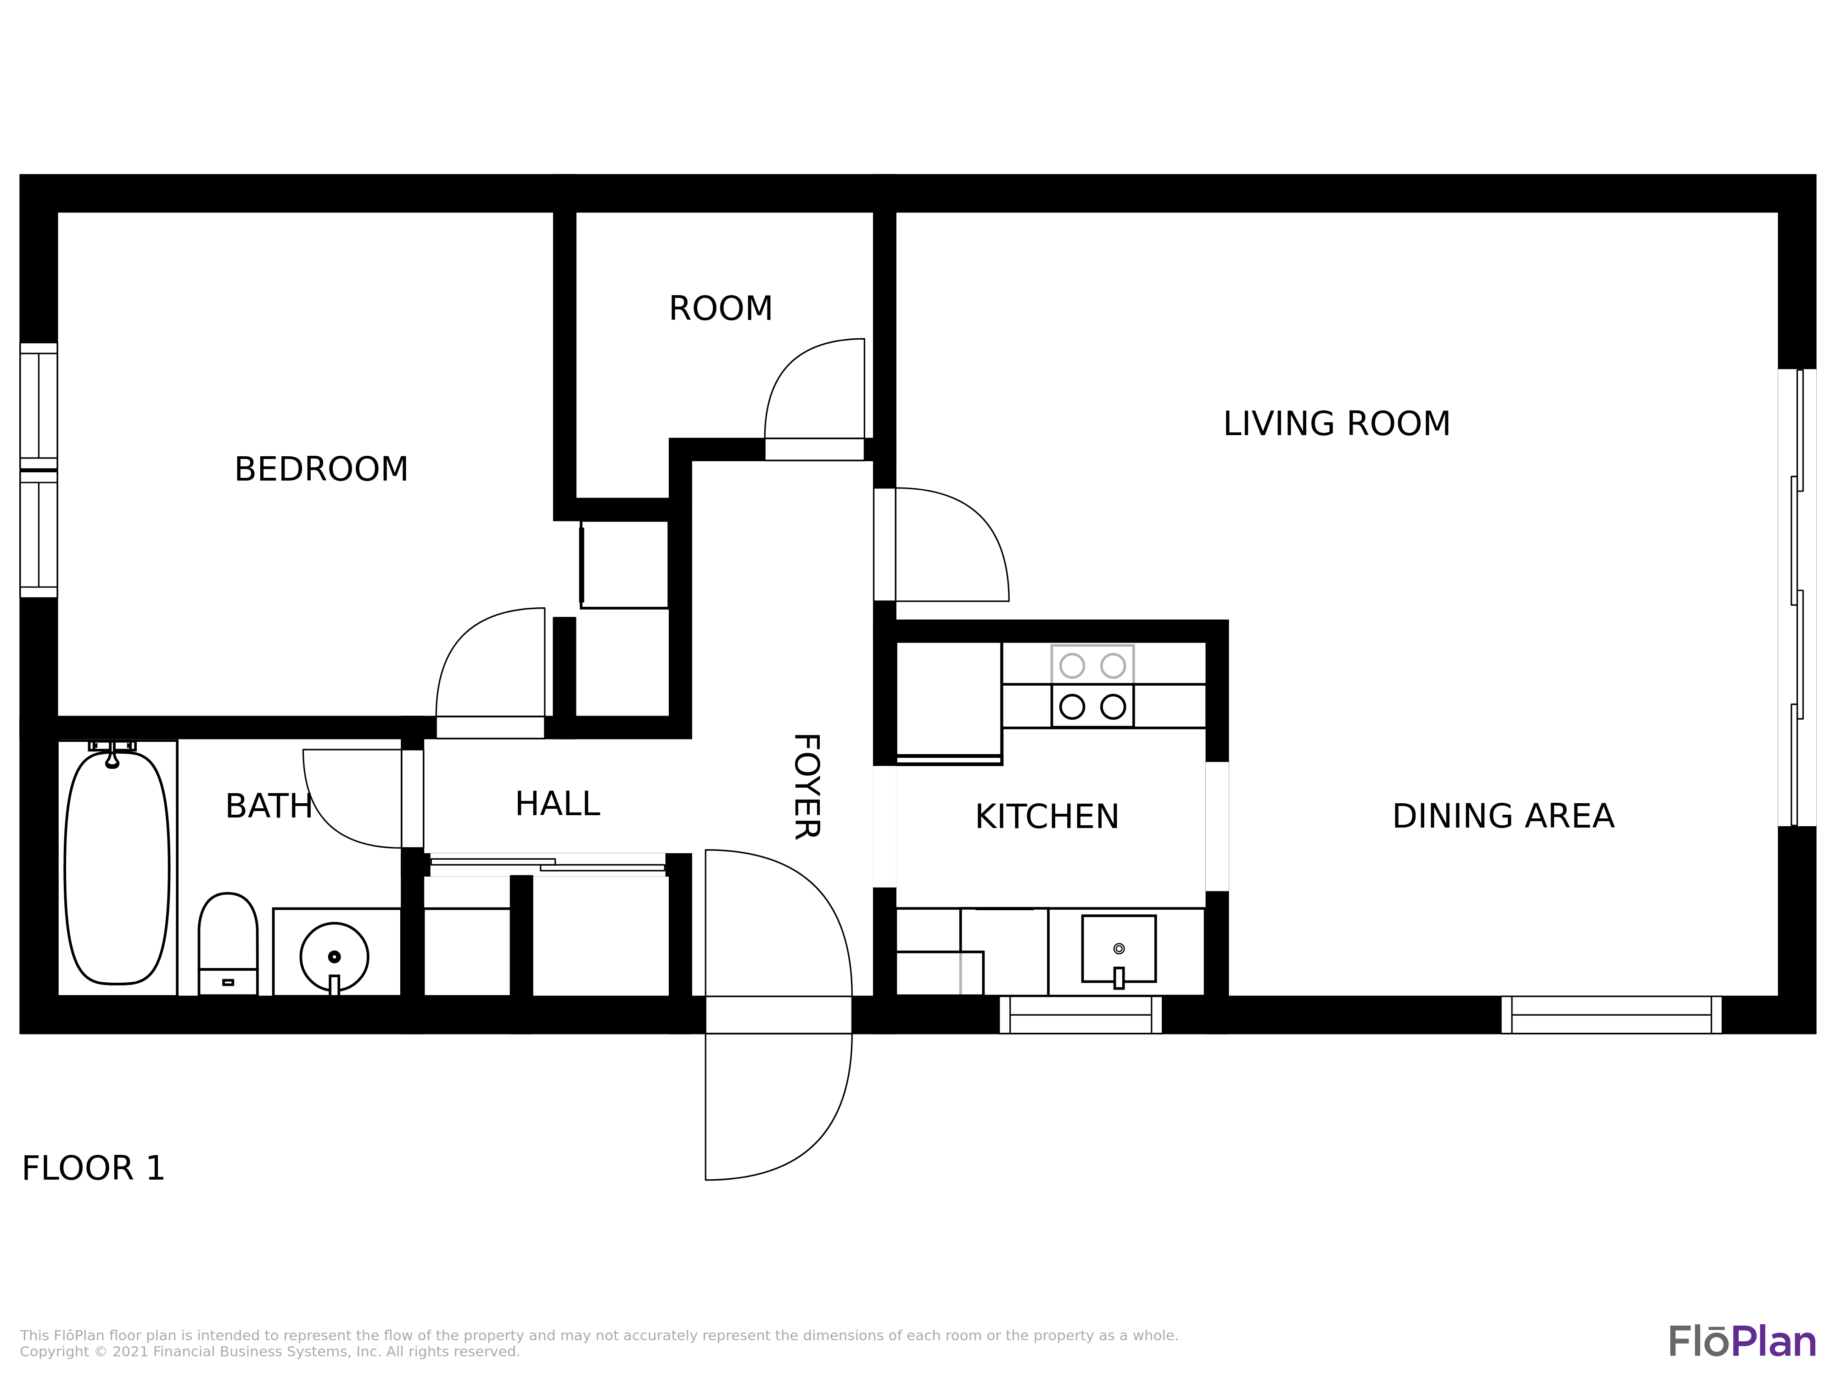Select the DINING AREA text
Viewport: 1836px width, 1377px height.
click(1503, 816)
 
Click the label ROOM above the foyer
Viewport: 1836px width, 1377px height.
click(721, 309)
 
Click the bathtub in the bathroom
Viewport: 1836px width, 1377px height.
click(117, 868)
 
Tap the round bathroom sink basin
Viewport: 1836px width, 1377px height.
click(335, 957)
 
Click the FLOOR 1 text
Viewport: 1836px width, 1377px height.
click(93, 1169)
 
